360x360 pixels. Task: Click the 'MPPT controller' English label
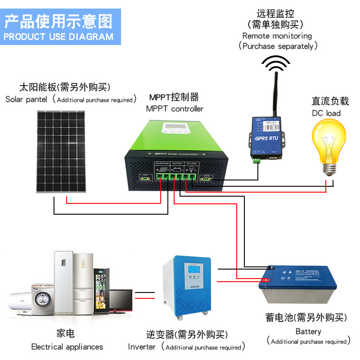[175, 108]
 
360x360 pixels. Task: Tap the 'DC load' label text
[327, 113]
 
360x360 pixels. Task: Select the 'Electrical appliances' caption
[67, 346]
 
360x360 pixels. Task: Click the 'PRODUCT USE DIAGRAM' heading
[58, 36]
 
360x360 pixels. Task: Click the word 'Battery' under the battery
[308, 332]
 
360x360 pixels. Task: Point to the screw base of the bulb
[331, 169]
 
